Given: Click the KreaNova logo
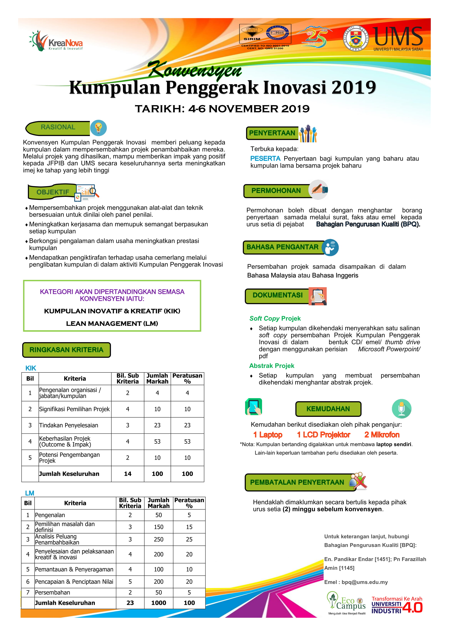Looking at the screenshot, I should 56,41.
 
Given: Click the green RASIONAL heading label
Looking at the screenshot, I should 58,127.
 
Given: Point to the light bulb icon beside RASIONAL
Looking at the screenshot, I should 98,128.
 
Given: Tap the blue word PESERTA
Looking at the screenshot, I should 265,159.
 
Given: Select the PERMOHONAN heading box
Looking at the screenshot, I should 276,191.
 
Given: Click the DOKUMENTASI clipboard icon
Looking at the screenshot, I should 318,296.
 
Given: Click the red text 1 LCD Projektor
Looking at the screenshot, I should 323,435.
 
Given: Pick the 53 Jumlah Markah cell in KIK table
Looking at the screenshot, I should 157,441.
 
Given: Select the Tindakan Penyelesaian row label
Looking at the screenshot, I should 68,425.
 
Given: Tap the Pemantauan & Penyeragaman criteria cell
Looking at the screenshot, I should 74,569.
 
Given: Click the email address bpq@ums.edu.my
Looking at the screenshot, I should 364,582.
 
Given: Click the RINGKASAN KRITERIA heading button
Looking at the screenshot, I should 67,350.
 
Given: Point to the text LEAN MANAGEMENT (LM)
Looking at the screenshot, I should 112,323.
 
